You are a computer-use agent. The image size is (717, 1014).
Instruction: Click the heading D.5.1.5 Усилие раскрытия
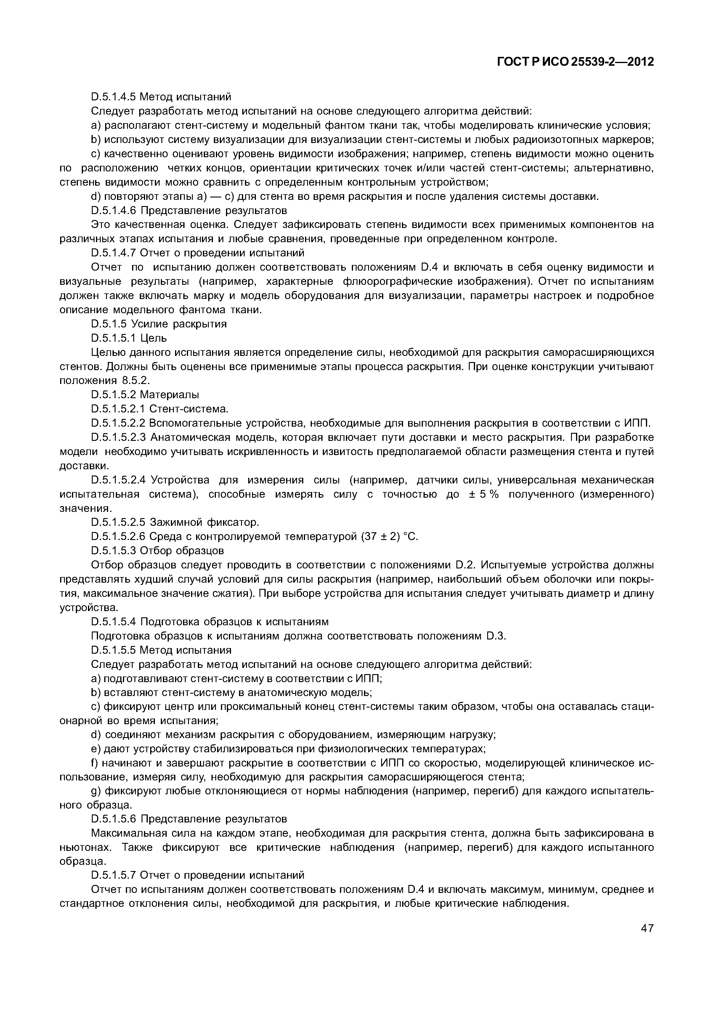pyautogui.click(x=159, y=324)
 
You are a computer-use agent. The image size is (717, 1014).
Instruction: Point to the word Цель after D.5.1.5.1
pyautogui.click(x=153, y=338)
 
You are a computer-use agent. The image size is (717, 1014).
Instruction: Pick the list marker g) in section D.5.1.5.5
pyautogui.click(x=95, y=791)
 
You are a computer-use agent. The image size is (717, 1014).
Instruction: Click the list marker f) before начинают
pyautogui.click(x=94, y=763)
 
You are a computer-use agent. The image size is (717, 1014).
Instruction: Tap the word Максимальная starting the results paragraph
pyautogui.click(x=125, y=833)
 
